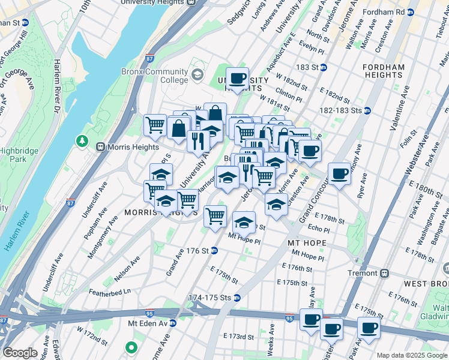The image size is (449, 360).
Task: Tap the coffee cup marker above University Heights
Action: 238,78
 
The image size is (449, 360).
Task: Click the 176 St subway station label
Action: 197,251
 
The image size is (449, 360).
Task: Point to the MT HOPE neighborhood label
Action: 307,243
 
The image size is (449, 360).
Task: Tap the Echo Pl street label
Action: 319,229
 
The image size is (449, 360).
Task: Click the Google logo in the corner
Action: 20,352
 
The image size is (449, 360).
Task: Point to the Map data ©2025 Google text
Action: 411,355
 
